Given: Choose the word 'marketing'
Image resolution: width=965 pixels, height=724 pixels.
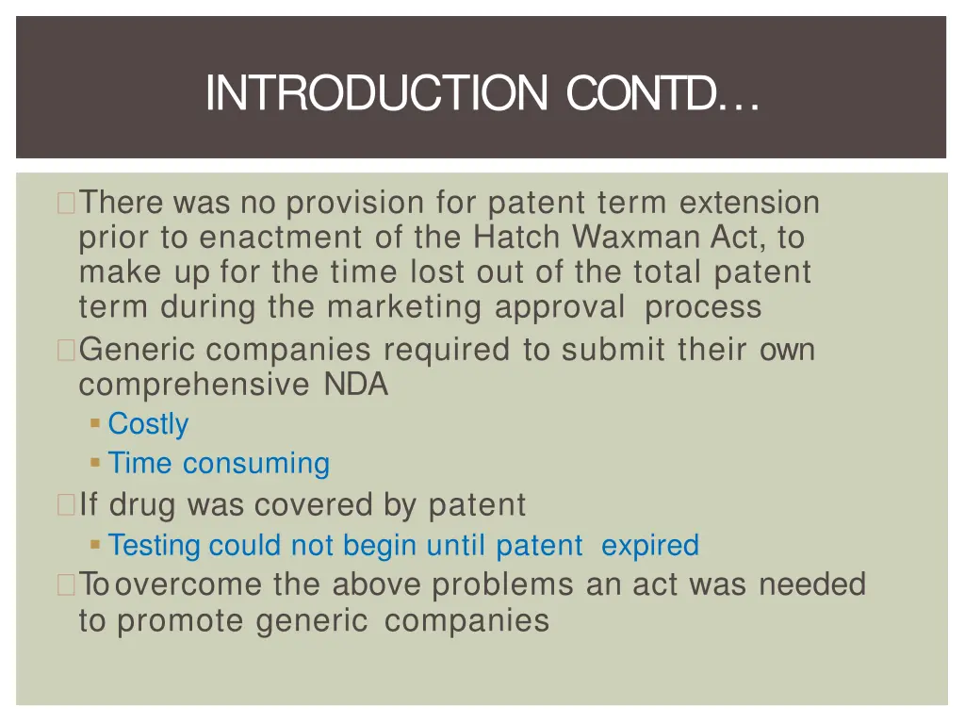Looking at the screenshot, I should point(406,307).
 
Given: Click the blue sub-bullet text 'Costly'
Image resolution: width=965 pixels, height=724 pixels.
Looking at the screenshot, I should point(148,424).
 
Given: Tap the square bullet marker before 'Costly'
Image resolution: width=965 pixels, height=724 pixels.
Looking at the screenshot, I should point(95,423).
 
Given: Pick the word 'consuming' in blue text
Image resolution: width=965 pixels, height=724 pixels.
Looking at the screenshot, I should point(256,464).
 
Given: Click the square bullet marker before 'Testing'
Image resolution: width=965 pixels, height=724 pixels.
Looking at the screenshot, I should point(95,544).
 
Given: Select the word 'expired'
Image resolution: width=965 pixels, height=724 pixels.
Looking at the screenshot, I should point(649,545).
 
